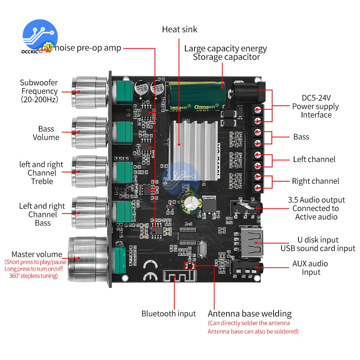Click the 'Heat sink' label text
[x=179, y=29]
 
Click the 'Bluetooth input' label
[x=168, y=314]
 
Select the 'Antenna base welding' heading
[x=249, y=314]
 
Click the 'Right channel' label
[x=315, y=181]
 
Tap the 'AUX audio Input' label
[x=310, y=268]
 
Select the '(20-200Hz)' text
[x=39, y=100]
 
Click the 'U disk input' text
[x=318, y=240]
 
